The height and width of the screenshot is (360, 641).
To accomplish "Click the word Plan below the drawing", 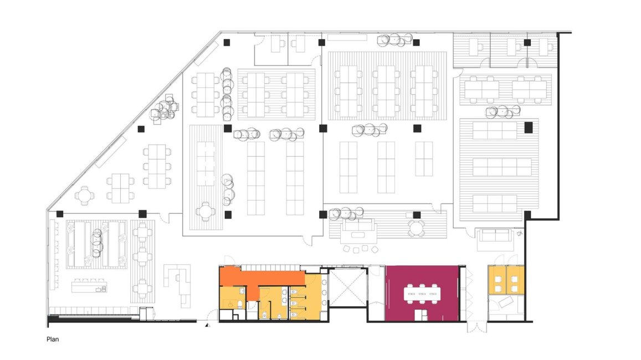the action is pyautogui.click(x=53, y=339).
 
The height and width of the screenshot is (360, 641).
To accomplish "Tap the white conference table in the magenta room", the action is pyautogui.click(x=422, y=294).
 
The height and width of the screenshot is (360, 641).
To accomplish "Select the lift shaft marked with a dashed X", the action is pyautogui.click(x=348, y=287).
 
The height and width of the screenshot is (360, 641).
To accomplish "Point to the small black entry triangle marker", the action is pyautogui.click(x=208, y=325).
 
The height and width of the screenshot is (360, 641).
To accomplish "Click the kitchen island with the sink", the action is pyautogui.click(x=89, y=286).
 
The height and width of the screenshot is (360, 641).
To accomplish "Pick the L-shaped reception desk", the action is pyautogui.click(x=178, y=282).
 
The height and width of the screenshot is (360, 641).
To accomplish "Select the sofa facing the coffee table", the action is pyautogui.click(x=358, y=226).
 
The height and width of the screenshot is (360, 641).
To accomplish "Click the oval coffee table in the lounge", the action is pyautogui.click(x=358, y=235).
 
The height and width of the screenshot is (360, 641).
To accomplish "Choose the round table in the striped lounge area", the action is pyautogui.click(x=416, y=228).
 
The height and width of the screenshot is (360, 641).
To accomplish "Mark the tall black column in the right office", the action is pyautogui.click(x=528, y=127).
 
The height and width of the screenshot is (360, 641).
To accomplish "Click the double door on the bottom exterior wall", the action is pyautogui.click(x=477, y=327).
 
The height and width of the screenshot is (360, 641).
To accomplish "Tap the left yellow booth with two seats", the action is pyautogui.click(x=498, y=280).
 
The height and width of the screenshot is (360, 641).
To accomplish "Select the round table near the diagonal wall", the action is pyautogui.click(x=84, y=196).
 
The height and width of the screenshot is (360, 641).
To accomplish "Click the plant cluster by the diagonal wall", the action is pyautogui.click(x=164, y=109).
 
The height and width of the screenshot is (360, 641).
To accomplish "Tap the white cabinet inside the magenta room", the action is pyautogui.click(x=421, y=315).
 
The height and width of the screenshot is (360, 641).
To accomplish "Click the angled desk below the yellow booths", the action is pyautogui.click(x=506, y=303).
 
